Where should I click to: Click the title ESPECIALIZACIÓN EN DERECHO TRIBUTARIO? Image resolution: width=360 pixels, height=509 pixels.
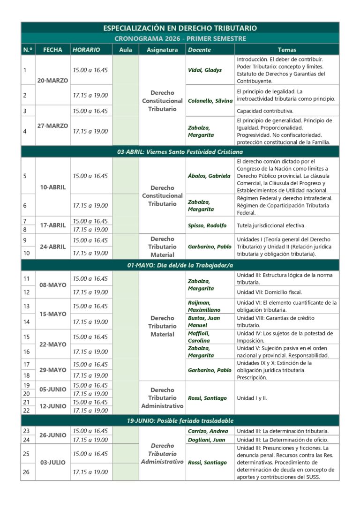click(x=180, y=28)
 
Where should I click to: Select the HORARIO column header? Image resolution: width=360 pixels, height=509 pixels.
click(x=86, y=50)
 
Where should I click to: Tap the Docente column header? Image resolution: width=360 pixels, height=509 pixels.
click(x=199, y=50)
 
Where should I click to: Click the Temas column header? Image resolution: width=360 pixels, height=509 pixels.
click(x=287, y=50)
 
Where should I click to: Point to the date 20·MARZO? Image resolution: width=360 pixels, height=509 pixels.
click(x=52, y=81)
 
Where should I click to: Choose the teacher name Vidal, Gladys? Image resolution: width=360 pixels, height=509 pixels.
click(x=205, y=70)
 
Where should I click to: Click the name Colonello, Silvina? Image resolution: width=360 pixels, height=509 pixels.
click(x=210, y=101)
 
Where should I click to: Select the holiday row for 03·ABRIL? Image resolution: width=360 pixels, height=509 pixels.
click(x=180, y=152)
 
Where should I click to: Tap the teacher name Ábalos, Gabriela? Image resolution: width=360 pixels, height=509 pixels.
click(x=209, y=176)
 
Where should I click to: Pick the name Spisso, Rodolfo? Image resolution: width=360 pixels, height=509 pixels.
click(x=207, y=225)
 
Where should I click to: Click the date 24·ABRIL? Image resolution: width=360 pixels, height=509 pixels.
click(x=52, y=247)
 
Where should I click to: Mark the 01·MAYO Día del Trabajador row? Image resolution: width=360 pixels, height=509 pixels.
click(x=180, y=265)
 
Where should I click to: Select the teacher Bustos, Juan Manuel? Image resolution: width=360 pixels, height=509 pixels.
click(x=204, y=322)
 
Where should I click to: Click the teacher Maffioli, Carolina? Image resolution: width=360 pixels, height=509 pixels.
click(x=200, y=337)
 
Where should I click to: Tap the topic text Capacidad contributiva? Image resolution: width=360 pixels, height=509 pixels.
click(x=265, y=111)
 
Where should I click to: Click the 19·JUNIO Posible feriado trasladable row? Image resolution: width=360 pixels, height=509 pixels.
click(x=180, y=420)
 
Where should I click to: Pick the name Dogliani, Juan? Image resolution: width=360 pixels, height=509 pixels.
click(x=206, y=440)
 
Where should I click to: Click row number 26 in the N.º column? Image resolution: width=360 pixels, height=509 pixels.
click(x=26, y=472)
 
